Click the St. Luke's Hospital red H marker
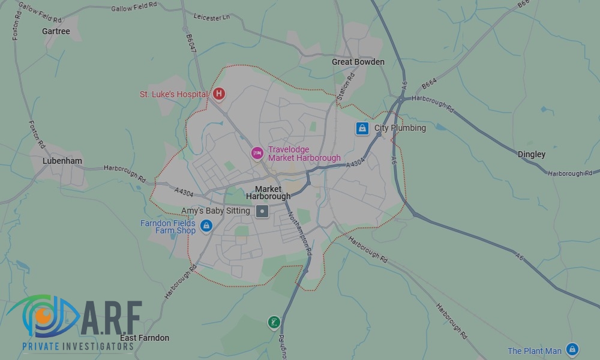click(220, 94)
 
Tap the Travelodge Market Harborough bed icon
click(257, 154)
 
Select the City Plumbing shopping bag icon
click(362, 128)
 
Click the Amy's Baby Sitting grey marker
click(262, 211)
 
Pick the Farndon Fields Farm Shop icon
click(206, 226)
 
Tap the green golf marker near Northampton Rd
click(274, 323)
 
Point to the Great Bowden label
click(358, 62)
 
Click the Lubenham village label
click(62, 161)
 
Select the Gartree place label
click(56, 31)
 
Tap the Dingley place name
click(532, 154)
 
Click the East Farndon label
click(145, 338)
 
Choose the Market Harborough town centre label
click(268, 193)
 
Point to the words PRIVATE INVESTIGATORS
click(77, 347)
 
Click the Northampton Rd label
click(299, 235)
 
